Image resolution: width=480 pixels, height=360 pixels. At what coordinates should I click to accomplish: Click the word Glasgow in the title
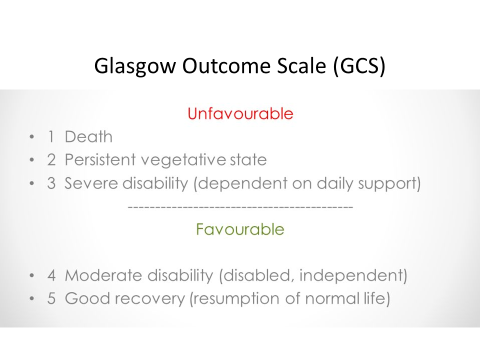click(x=134, y=66)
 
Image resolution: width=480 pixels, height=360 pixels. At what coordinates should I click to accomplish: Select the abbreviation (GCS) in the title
click(x=359, y=66)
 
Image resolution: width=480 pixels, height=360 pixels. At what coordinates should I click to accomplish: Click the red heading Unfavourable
click(x=240, y=113)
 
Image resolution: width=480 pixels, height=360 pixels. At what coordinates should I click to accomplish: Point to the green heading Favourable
click(x=240, y=229)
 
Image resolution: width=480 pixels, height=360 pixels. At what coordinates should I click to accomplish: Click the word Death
click(x=88, y=136)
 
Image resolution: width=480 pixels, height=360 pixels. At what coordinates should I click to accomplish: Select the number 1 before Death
click(x=51, y=136)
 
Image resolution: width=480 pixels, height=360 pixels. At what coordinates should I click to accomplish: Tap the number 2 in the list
click(x=51, y=160)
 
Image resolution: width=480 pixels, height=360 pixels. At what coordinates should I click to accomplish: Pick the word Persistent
click(x=100, y=160)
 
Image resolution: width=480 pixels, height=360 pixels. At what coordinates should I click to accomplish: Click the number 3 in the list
click(x=51, y=183)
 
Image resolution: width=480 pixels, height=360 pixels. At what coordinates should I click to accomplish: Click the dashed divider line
click(x=240, y=207)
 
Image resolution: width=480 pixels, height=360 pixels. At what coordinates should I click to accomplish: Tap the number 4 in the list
click(x=51, y=275)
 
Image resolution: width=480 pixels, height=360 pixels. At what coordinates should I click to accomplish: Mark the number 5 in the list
click(x=51, y=298)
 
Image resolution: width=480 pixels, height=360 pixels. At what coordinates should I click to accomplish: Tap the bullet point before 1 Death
click(x=32, y=136)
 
